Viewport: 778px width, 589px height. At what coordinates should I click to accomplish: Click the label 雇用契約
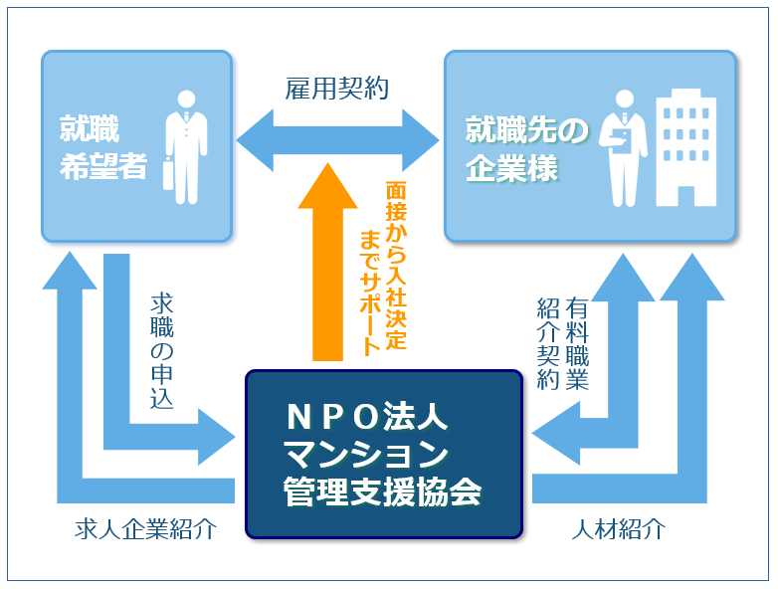pos(336,89)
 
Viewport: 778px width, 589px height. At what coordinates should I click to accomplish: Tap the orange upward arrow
pos(327,262)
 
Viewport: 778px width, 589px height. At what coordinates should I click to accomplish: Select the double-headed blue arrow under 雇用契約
pos(337,140)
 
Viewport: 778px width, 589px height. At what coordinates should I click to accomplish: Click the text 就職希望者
pos(103,147)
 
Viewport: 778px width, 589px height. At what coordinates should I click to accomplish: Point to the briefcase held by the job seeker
pos(169,174)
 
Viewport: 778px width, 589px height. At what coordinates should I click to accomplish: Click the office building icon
pos(685,147)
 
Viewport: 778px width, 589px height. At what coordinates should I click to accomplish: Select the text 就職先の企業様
pos(526,149)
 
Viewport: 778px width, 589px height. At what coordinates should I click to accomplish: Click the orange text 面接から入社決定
pos(396,266)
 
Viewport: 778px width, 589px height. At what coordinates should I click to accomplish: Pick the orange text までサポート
pos(370,293)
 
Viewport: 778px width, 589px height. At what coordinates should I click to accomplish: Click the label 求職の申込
pos(162,351)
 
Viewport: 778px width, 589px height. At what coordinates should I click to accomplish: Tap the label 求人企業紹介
pos(146,529)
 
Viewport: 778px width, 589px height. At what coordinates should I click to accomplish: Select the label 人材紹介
pos(619,529)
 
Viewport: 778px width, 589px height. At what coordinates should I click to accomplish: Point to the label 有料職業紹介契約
pos(563,343)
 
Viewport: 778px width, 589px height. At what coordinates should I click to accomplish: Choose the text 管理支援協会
pos(382,491)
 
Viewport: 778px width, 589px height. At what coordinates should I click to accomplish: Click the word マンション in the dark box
pos(366,454)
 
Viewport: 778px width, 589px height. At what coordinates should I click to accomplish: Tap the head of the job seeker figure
pos(187,98)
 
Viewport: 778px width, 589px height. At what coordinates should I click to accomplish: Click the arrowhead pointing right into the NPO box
pos(217,437)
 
